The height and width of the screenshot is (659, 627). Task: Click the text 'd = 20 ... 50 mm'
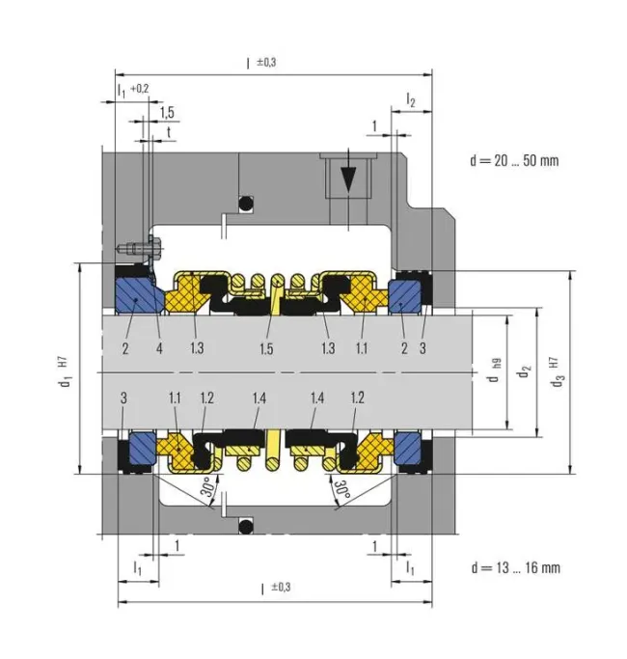pos(513,160)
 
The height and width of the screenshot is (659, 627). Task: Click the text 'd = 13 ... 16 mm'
pos(513,566)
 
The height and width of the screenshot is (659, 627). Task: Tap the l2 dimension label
pos(411,99)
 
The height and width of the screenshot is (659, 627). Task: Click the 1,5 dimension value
pos(167,112)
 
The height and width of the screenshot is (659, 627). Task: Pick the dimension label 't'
pos(169,131)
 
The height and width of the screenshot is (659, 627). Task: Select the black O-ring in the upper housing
pos(246,205)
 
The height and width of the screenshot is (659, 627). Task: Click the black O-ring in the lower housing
pos(246,525)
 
